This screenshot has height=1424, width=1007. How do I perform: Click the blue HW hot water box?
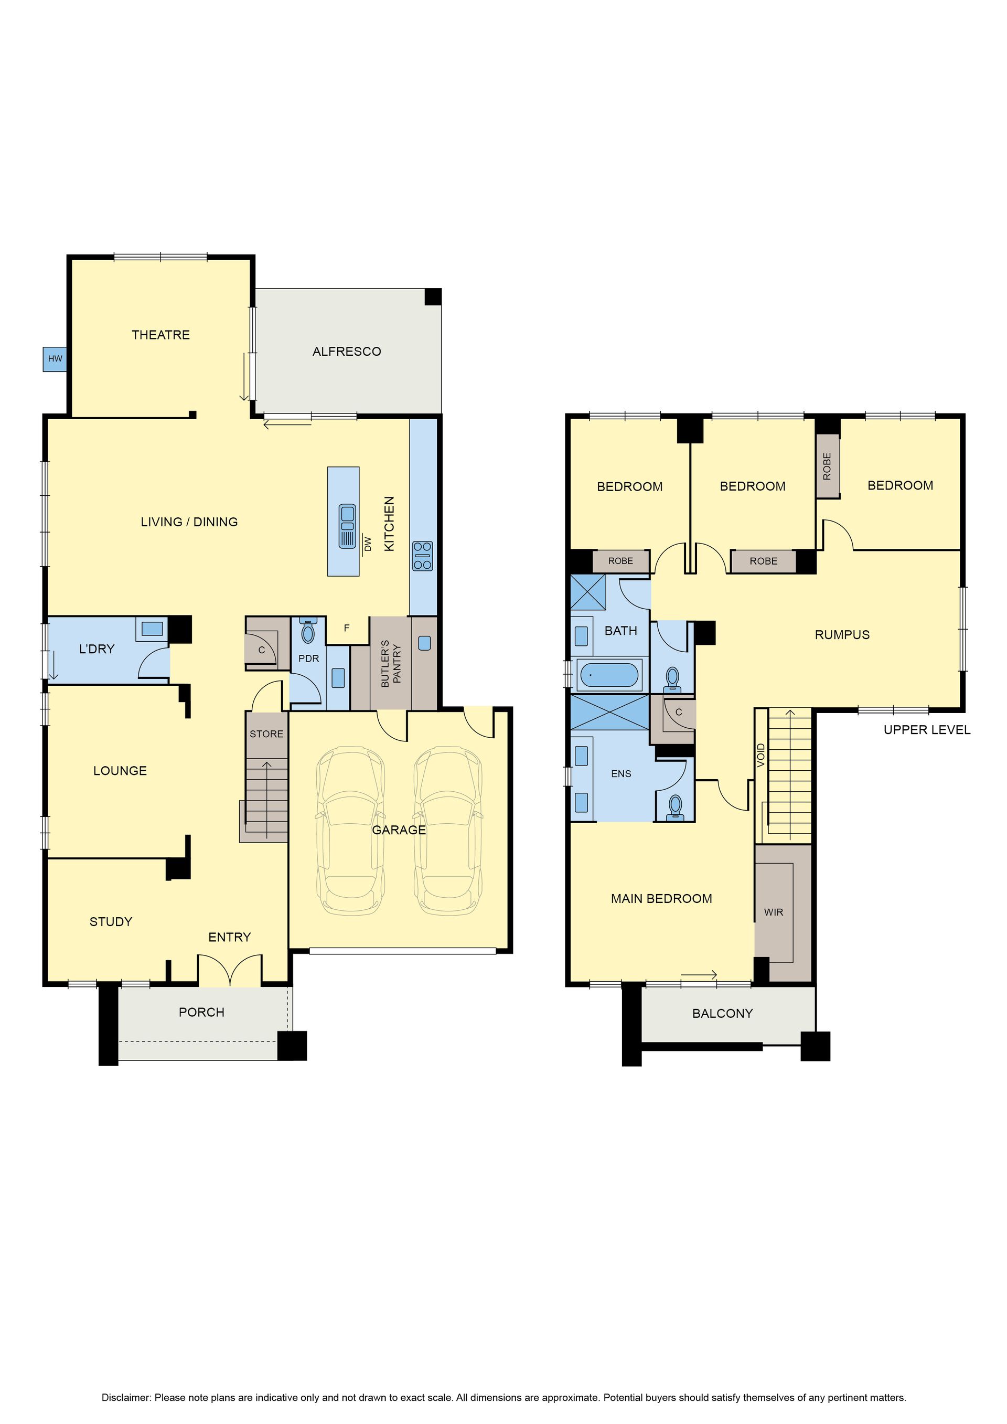pyautogui.click(x=55, y=358)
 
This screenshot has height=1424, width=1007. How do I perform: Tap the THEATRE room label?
pyautogui.click(x=160, y=335)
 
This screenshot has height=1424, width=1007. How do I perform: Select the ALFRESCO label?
pyautogui.click(x=347, y=352)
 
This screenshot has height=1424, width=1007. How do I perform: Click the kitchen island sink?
pyautogui.click(x=347, y=526)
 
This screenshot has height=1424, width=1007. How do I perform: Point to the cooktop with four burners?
pyautogui.click(x=422, y=556)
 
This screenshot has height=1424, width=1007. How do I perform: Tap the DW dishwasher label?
pyautogui.click(x=367, y=544)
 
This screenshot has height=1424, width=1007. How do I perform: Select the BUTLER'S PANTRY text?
pyautogui.click(x=391, y=664)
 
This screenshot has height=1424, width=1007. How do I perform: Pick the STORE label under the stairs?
pyautogui.click(x=266, y=734)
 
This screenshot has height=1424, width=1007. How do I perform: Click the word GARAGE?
pyautogui.click(x=399, y=830)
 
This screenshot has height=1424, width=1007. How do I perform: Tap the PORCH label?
pyautogui.click(x=201, y=1012)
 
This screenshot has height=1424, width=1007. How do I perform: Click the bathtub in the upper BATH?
pyautogui.click(x=608, y=675)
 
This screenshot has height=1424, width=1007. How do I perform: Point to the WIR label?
pyautogui.click(x=773, y=912)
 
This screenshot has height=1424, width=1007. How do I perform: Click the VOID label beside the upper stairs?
pyautogui.click(x=761, y=755)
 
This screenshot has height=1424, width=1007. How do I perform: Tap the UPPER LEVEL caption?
pyautogui.click(x=927, y=730)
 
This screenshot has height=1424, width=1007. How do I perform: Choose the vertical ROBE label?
pyautogui.click(x=827, y=466)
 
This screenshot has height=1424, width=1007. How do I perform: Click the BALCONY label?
pyautogui.click(x=722, y=1013)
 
